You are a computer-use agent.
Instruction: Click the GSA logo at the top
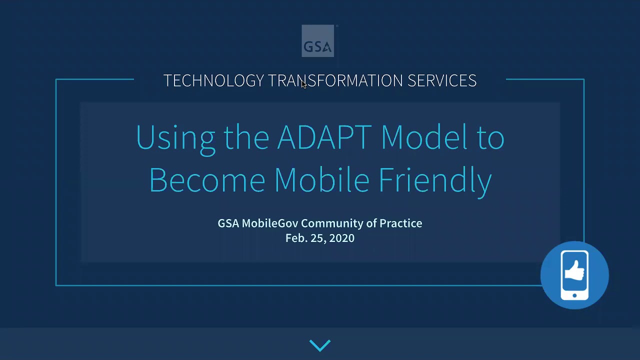[x=318, y=41]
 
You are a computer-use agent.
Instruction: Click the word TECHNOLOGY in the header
[x=213, y=80]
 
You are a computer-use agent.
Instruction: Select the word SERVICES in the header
[x=441, y=80]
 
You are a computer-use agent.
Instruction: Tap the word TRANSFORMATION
[x=335, y=80]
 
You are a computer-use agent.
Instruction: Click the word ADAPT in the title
[x=324, y=137]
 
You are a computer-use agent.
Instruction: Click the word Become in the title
[x=207, y=179]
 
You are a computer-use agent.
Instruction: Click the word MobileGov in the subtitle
[x=270, y=223]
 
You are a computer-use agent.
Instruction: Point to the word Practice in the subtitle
[x=400, y=223]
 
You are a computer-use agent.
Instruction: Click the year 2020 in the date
[x=342, y=238]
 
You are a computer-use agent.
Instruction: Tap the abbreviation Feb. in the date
[x=296, y=238]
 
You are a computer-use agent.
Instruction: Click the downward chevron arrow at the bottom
[x=320, y=345]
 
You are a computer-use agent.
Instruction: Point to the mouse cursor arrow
[x=304, y=84]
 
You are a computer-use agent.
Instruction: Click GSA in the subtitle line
[x=228, y=223]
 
